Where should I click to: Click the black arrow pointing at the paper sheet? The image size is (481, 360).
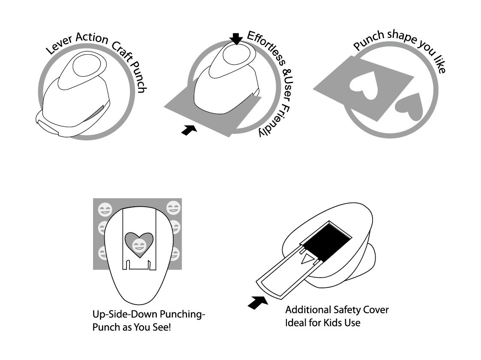tap(189, 130)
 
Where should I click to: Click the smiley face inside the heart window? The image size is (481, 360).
tap(138, 245)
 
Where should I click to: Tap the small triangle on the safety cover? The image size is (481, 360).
tap(307, 259)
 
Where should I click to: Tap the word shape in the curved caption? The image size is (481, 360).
tap(401, 36)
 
